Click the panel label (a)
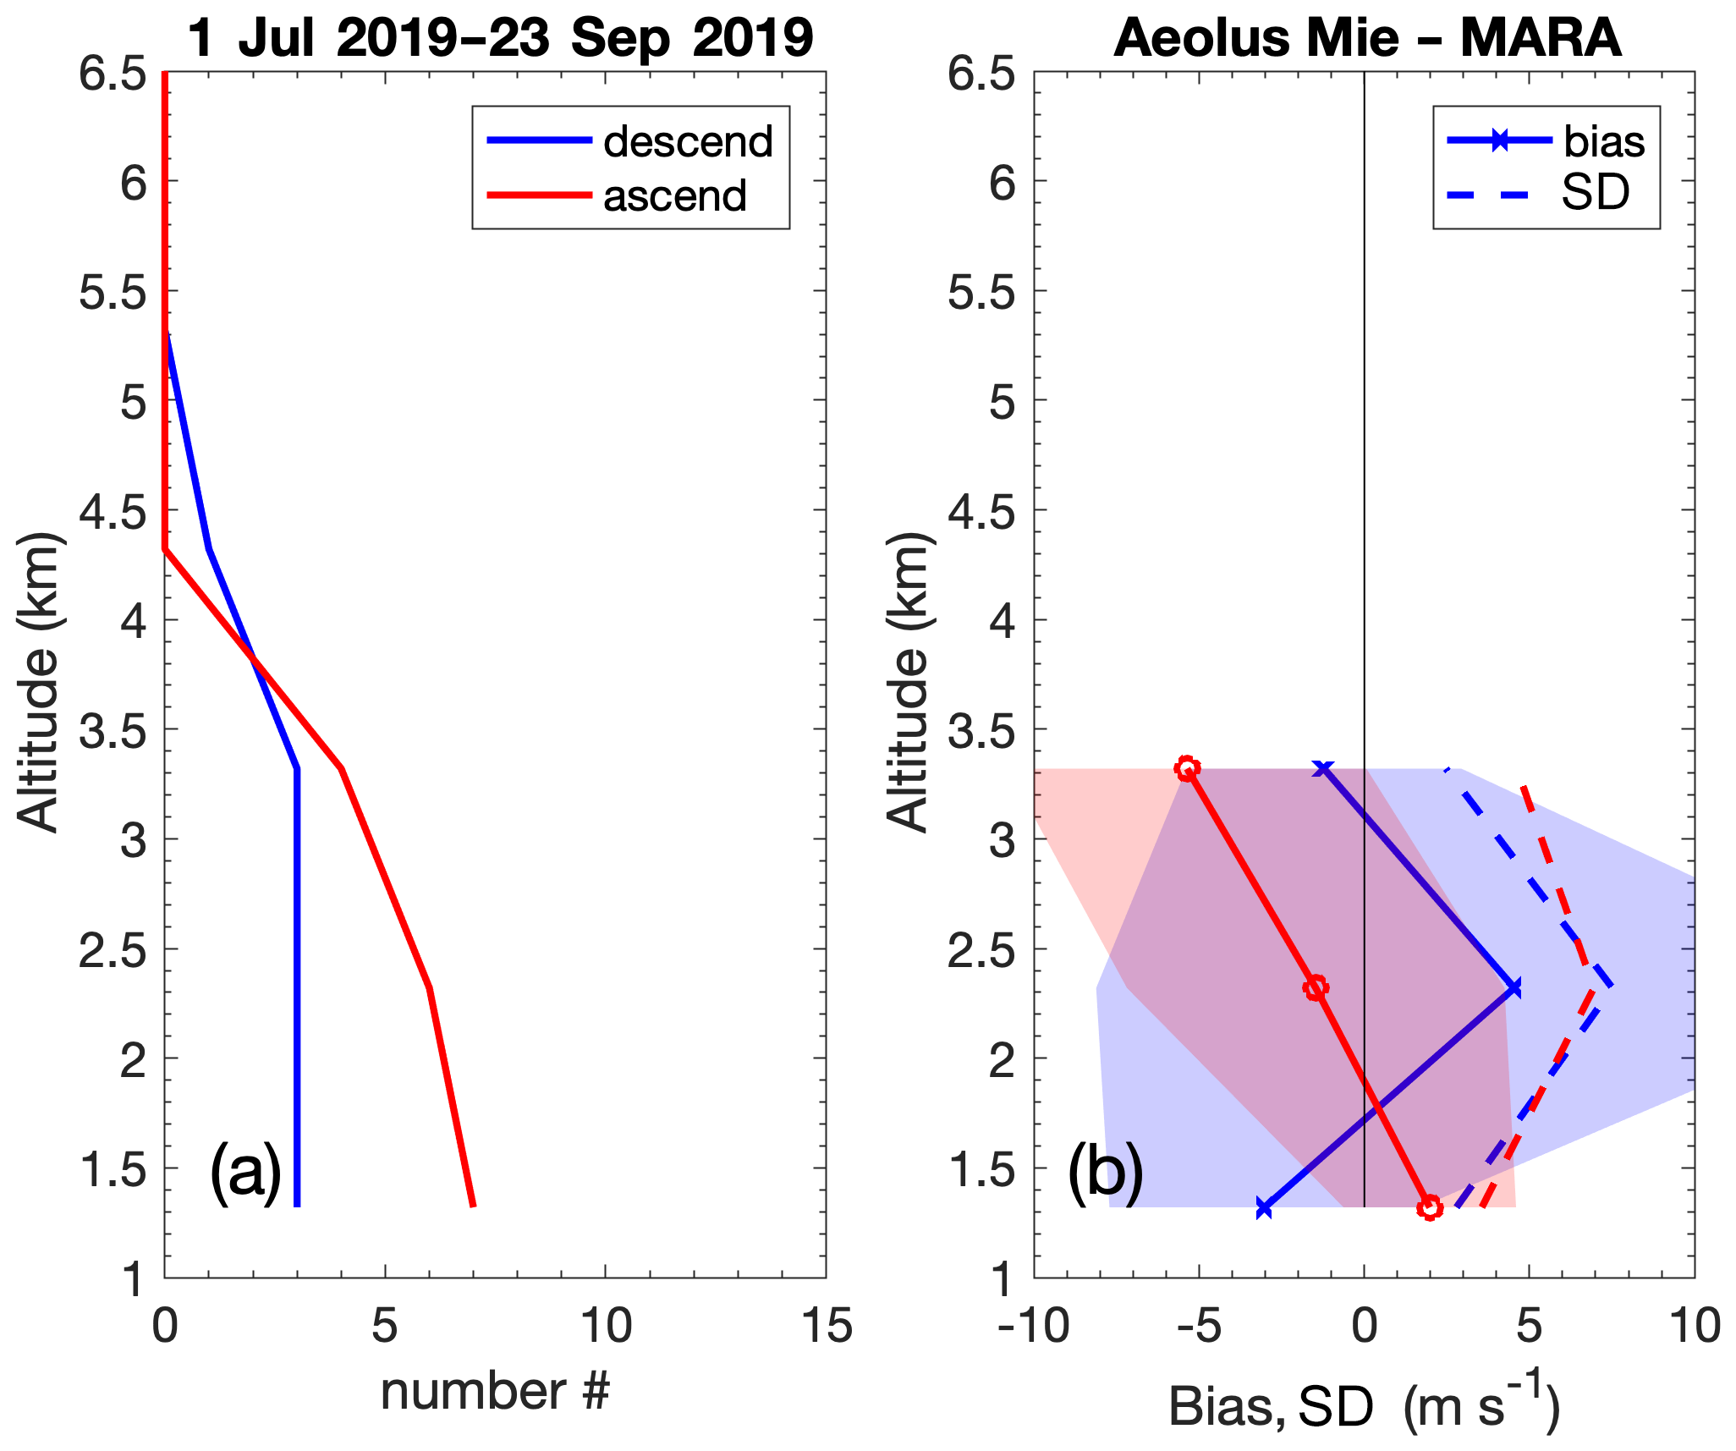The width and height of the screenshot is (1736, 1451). (245, 1172)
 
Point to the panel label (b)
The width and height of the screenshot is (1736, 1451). (1105, 1172)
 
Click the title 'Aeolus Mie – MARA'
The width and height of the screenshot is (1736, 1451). (1367, 39)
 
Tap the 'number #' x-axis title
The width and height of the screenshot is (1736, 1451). (495, 1392)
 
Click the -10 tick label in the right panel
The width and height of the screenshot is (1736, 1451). (1034, 1327)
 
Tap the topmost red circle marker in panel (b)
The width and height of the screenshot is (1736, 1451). (1188, 768)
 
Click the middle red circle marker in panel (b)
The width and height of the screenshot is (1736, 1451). (1316, 987)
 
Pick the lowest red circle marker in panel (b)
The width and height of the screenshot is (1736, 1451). (1430, 1207)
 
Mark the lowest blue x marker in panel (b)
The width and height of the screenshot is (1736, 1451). (1264, 1208)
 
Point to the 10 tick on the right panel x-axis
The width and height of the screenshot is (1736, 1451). (1695, 1327)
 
